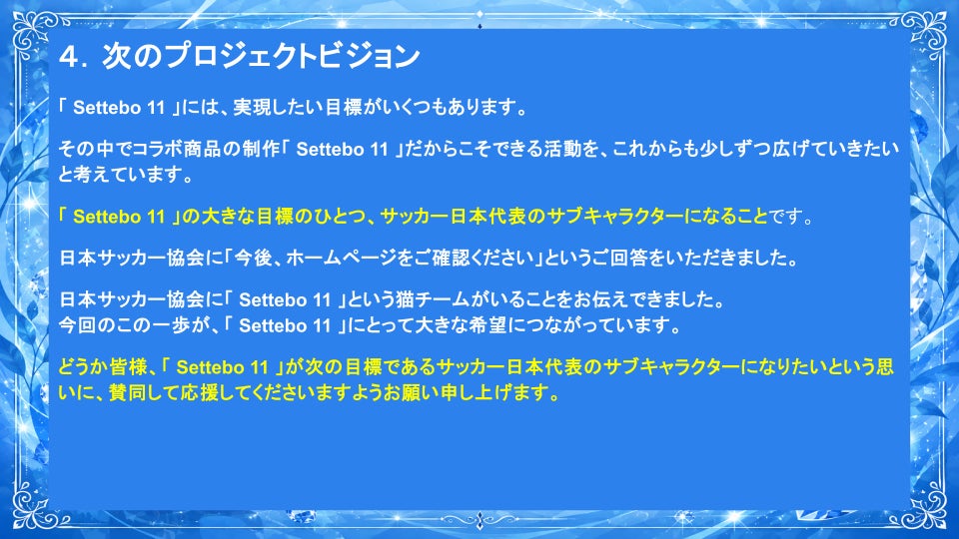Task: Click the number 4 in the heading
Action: pos(70,57)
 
